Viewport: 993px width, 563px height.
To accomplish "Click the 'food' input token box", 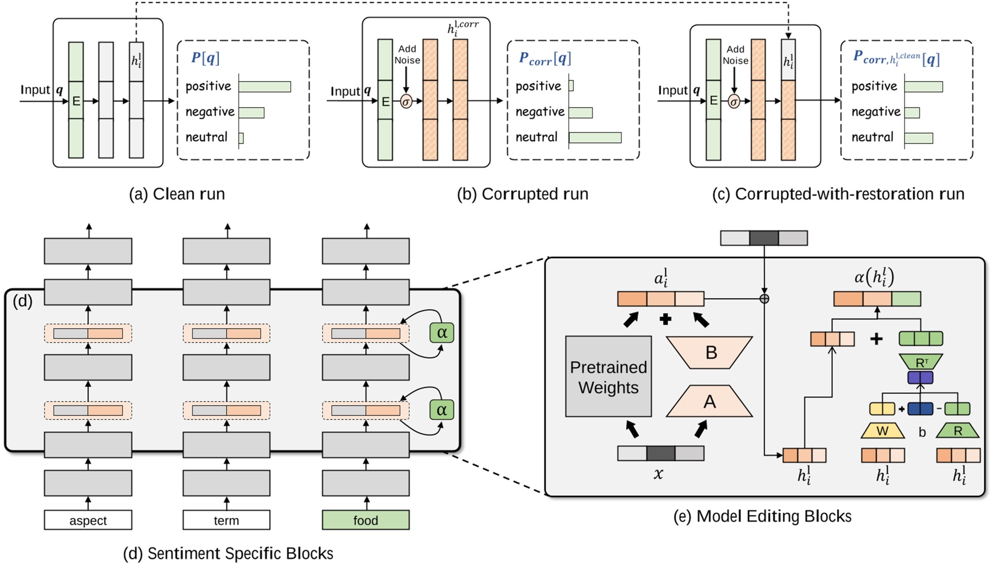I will (365, 520).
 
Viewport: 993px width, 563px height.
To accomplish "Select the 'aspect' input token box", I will (88, 520).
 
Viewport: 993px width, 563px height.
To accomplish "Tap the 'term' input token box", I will (226, 520).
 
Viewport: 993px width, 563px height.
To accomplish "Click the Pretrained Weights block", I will (608, 377).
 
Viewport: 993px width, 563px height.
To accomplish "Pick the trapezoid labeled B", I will (710, 352).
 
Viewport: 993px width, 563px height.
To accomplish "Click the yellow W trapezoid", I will (882, 431).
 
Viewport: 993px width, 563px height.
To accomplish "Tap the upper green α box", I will (442, 332).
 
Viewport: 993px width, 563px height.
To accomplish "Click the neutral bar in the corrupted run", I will (595, 138).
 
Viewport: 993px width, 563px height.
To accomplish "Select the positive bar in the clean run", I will (265, 87).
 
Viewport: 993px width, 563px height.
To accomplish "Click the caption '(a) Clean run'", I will (177, 194).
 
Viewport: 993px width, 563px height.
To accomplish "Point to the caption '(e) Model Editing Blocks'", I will (762, 516).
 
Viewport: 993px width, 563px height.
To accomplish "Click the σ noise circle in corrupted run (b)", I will (406, 102).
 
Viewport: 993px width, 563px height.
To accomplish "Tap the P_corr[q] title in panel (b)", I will (544, 58).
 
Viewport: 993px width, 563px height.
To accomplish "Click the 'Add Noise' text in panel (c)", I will (735, 55).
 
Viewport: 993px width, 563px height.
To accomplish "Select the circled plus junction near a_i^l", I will (764, 299).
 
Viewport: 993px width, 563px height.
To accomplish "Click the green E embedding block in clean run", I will (76, 101).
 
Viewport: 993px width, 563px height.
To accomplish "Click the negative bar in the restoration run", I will (912, 112).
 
